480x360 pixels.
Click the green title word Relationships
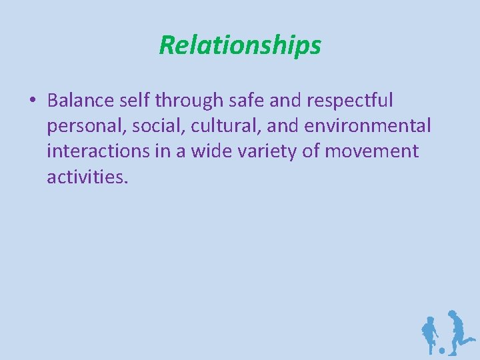pos(240,45)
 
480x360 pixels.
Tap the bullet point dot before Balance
pos(32,101)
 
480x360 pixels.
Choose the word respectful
pos(353,101)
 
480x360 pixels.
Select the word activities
pos(86,176)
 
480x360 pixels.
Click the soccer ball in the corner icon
pos(441,350)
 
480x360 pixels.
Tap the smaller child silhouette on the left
pos(429,333)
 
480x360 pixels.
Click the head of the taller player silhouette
pos(453,314)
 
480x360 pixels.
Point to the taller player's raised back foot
pos(472,340)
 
